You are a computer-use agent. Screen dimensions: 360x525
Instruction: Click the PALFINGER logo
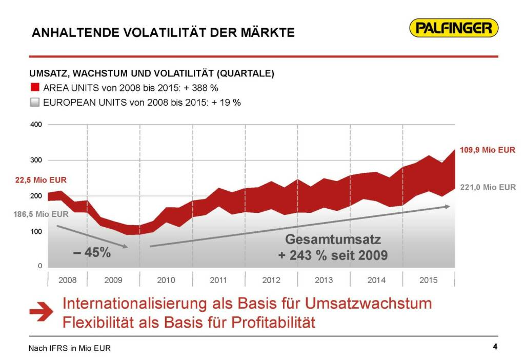[454, 28]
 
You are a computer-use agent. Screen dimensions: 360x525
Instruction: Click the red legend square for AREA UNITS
[35, 88]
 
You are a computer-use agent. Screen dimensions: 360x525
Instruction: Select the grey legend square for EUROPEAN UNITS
[35, 102]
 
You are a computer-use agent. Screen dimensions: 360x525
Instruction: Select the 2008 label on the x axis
[68, 281]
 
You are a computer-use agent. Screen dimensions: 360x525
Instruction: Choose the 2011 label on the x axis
[218, 281]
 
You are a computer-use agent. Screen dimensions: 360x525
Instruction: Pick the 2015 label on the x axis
[429, 281]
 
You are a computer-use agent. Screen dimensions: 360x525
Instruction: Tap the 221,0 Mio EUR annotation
[488, 187]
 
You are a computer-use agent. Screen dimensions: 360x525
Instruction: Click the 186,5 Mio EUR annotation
[41, 214]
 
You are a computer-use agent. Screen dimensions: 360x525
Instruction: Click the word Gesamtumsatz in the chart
[333, 239]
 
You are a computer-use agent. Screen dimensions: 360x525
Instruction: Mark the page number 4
[495, 346]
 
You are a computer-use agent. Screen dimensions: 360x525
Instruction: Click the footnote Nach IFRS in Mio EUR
[69, 349]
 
